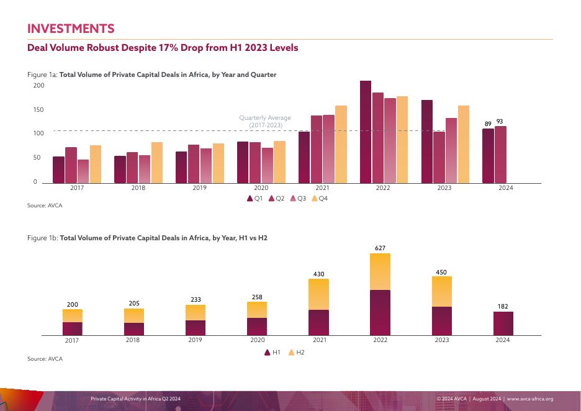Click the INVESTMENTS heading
tap(71, 29)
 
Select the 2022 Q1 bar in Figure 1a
tap(366, 132)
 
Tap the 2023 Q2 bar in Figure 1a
tap(439, 157)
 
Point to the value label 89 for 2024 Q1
tap(488, 124)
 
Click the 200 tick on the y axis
tap(38, 86)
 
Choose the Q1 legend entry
tap(255, 199)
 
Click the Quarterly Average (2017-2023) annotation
tap(265, 122)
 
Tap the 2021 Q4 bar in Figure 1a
tap(341, 144)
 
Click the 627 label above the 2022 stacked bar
tap(380, 248)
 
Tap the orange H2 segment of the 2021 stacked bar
tap(318, 294)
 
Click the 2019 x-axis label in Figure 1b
tap(196, 340)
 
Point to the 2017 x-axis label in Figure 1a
tap(77, 187)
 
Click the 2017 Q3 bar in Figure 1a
tap(83, 171)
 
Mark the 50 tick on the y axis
tap(37, 158)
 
